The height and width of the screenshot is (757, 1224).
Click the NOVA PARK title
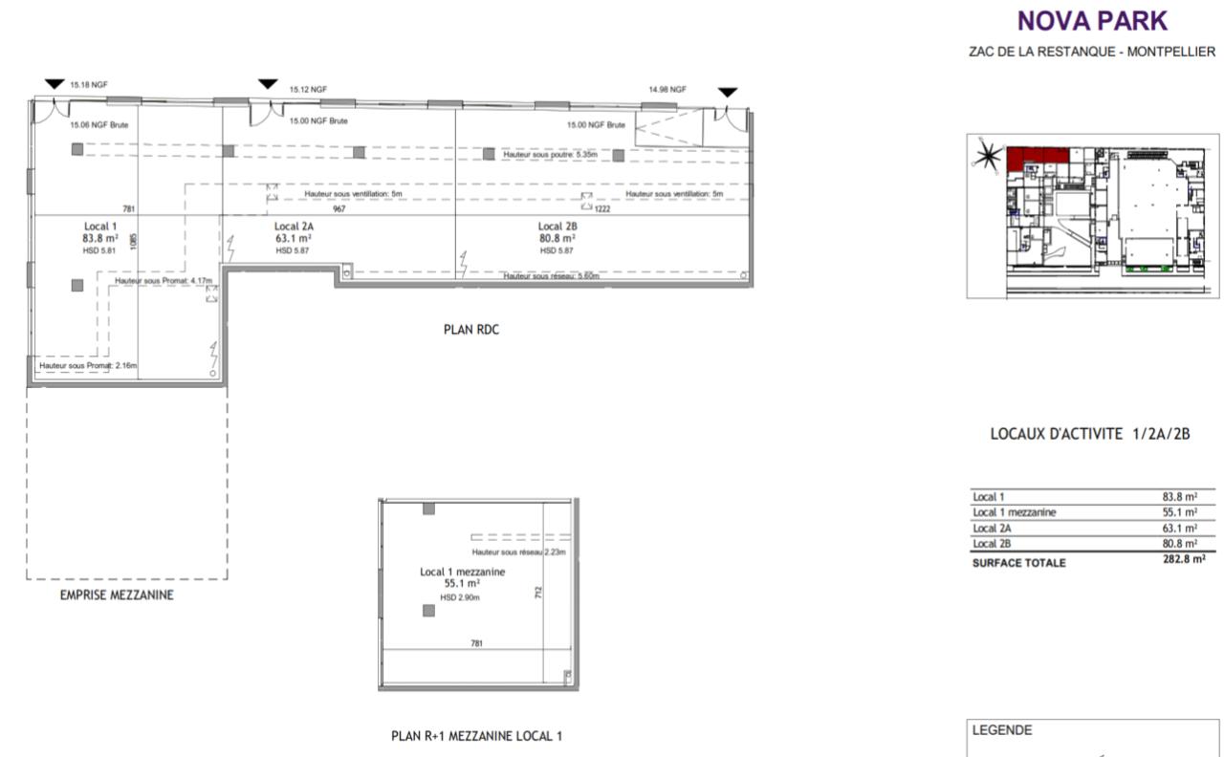coord(1092,21)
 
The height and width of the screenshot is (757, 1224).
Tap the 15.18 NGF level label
coord(89,85)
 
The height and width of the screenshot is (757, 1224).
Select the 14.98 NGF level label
coord(667,89)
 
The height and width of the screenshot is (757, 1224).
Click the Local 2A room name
coord(295,227)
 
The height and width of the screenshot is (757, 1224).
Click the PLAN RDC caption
coord(470,330)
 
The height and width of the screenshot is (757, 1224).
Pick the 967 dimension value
coord(339,208)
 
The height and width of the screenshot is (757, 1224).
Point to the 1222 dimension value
coord(602,208)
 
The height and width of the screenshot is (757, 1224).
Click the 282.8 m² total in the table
coord(1184,561)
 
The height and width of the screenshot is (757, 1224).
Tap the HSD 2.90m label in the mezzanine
coord(460,597)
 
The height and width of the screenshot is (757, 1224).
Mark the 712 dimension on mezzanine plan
coord(539,593)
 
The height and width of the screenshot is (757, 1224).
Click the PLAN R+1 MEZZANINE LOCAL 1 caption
coord(477,736)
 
